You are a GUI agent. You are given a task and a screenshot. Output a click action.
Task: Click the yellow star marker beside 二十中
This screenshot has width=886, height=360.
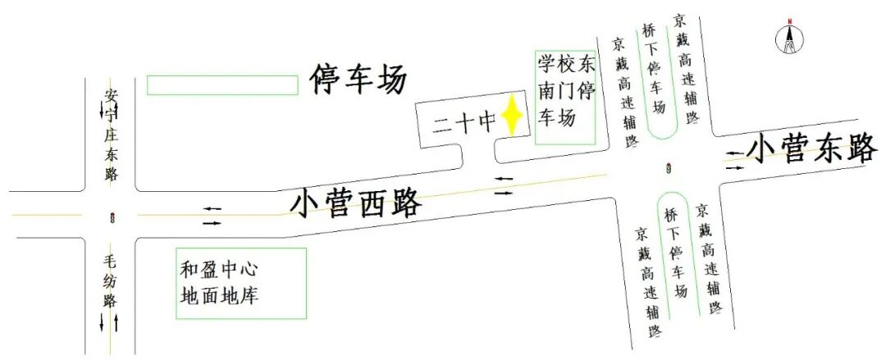pyautogui.click(x=513, y=116)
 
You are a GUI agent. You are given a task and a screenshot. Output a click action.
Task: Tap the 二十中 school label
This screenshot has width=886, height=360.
pyautogui.click(x=464, y=123)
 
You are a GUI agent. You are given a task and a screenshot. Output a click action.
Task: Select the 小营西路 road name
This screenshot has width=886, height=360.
pyautogui.click(x=356, y=203)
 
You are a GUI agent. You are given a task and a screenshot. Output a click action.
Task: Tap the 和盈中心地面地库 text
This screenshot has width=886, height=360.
pyautogui.click(x=220, y=282)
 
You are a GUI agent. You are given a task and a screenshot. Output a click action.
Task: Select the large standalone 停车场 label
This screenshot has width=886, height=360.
pyautogui.click(x=358, y=80)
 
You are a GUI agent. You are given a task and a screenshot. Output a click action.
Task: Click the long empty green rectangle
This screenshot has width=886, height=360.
pyautogui.click(x=222, y=84)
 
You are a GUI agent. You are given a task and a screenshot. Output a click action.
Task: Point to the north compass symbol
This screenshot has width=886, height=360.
pyautogui.click(x=789, y=38)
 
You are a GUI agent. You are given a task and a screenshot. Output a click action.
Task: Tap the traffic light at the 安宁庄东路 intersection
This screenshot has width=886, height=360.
pyautogui.click(x=112, y=217)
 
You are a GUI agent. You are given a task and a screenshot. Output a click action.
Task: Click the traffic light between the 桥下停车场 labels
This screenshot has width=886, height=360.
pyautogui.click(x=670, y=170)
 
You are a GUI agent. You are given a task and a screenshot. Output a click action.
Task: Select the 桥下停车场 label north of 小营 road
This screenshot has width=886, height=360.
pyautogui.click(x=654, y=70)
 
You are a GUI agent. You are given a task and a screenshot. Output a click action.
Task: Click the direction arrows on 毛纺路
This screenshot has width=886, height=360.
pyautogui.click(x=109, y=322)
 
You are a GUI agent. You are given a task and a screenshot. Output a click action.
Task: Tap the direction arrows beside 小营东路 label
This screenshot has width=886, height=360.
pyautogui.click(x=735, y=159)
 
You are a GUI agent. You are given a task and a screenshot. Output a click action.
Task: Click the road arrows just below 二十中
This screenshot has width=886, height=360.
pyautogui.click(x=503, y=185)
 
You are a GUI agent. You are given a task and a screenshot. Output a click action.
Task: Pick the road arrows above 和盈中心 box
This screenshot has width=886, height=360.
pyautogui.click(x=212, y=216)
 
